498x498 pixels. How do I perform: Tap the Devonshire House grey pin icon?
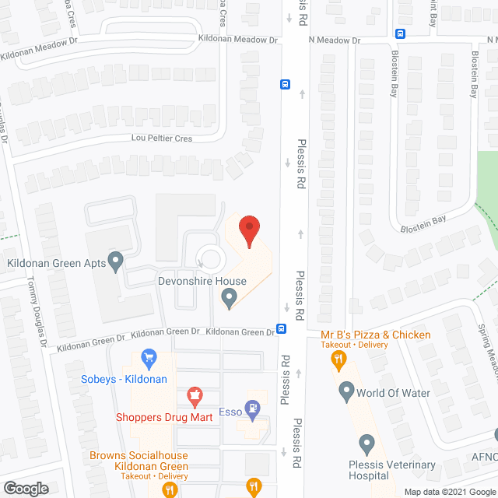point(229,296)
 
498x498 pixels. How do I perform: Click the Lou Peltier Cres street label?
point(161,138)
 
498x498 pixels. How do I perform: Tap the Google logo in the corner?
point(26,489)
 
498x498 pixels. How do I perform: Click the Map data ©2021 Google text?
point(450,492)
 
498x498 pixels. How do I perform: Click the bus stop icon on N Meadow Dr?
point(400,33)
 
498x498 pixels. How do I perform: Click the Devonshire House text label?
point(202,281)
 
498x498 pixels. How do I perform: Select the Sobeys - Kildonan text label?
point(124,379)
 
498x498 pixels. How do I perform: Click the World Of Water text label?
point(393,393)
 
